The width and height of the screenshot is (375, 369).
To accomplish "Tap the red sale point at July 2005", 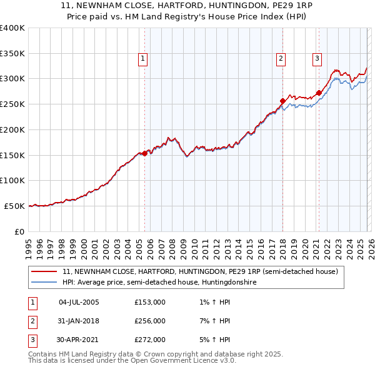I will (x=144, y=153).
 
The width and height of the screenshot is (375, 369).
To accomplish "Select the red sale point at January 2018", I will (x=282, y=101).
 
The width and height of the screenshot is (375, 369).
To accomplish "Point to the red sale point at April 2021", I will (x=319, y=93).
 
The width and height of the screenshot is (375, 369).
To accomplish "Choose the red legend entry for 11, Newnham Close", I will (x=200, y=272).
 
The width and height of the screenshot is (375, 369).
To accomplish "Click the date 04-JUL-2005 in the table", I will (x=79, y=302).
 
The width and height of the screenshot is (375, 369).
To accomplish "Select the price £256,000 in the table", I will (x=150, y=321).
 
